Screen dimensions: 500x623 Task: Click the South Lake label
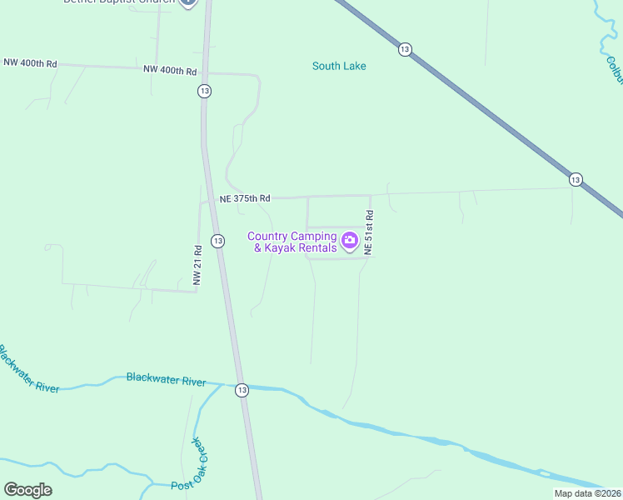click(x=339, y=66)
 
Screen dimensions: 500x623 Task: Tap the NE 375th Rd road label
click(x=245, y=198)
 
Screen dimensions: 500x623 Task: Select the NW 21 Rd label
click(x=197, y=266)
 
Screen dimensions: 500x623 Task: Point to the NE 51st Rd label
click(x=368, y=227)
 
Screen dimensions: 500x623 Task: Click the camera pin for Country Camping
click(x=350, y=242)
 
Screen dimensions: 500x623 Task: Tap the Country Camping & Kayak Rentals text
click(x=292, y=242)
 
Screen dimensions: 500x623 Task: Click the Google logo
click(x=27, y=490)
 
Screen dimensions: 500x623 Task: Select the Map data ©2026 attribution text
click(x=586, y=493)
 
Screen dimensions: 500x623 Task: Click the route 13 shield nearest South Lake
click(x=405, y=49)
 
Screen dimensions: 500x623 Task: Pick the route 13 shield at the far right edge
click(x=576, y=179)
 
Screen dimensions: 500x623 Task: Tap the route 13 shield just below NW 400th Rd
click(x=204, y=91)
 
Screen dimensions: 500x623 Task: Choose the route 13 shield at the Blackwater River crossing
click(x=242, y=389)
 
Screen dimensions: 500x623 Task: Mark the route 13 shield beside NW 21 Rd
click(x=217, y=241)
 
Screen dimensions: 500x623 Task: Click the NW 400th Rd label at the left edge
click(x=30, y=63)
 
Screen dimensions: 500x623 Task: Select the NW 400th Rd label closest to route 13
click(x=170, y=71)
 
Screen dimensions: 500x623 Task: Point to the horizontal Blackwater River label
click(x=166, y=381)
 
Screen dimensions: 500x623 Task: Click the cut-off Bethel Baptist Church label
click(x=119, y=2)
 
